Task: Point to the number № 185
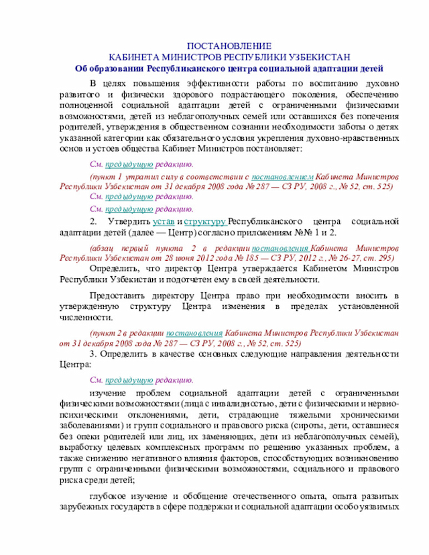[255, 257]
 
